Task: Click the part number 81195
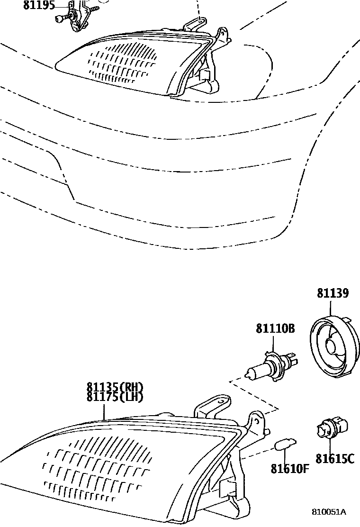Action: point(39,6)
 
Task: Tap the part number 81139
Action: point(333,294)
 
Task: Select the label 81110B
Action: point(276,328)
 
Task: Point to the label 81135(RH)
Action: point(115,387)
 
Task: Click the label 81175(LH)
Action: point(115,397)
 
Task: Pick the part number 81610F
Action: point(290,469)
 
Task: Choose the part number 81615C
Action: point(335,459)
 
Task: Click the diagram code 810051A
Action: point(328,512)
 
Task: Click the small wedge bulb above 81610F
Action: point(284,445)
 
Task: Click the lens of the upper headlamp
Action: point(123,62)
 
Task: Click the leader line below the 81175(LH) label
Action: point(105,411)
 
